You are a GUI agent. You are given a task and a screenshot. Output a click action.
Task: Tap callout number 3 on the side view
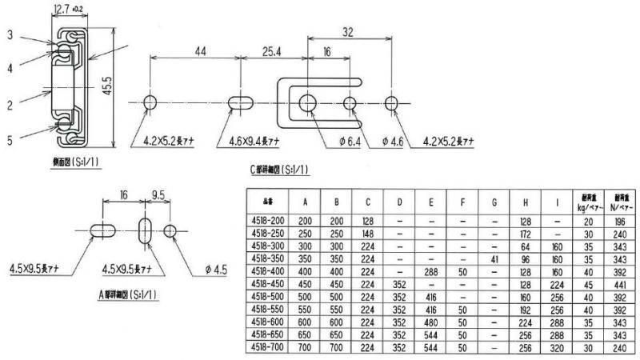click(x=11, y=35)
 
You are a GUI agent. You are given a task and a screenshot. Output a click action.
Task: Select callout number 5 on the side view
click(x=11, y=140)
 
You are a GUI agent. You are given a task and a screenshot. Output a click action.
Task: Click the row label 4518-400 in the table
click(x=270, y=271)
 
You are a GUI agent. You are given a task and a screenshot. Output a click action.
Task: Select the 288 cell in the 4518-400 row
click(x=431, y=271)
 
